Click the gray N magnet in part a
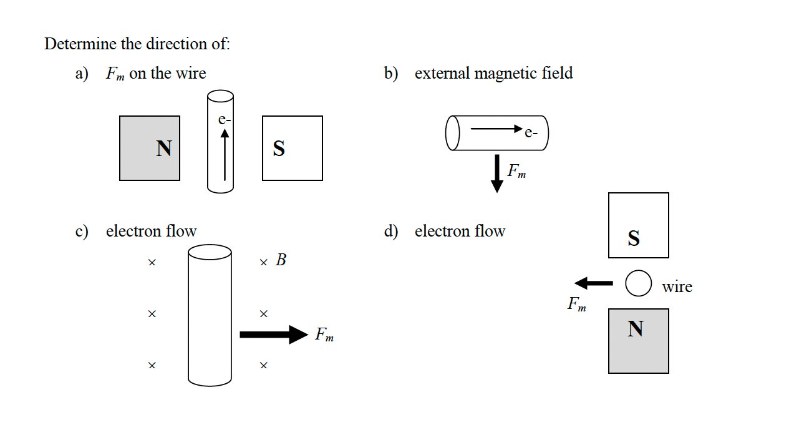tap(150, 149)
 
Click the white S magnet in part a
tap(293, 149)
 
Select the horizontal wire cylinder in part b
tap(497, 132)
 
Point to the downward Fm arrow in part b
tap(497, 174)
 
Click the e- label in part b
tap(531, 132)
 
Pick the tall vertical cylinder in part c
tap(210, 314)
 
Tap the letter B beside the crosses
tap(281, 260)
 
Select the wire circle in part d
tap(639, 283)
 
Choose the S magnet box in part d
tap(639, 225)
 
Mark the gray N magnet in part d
tap(639, 341)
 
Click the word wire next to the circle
tap(677, 287)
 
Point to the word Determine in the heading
tap(80, 44)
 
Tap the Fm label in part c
tap(324, 335)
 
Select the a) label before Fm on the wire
tap(82, 74)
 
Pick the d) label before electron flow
tap(391, 232)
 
